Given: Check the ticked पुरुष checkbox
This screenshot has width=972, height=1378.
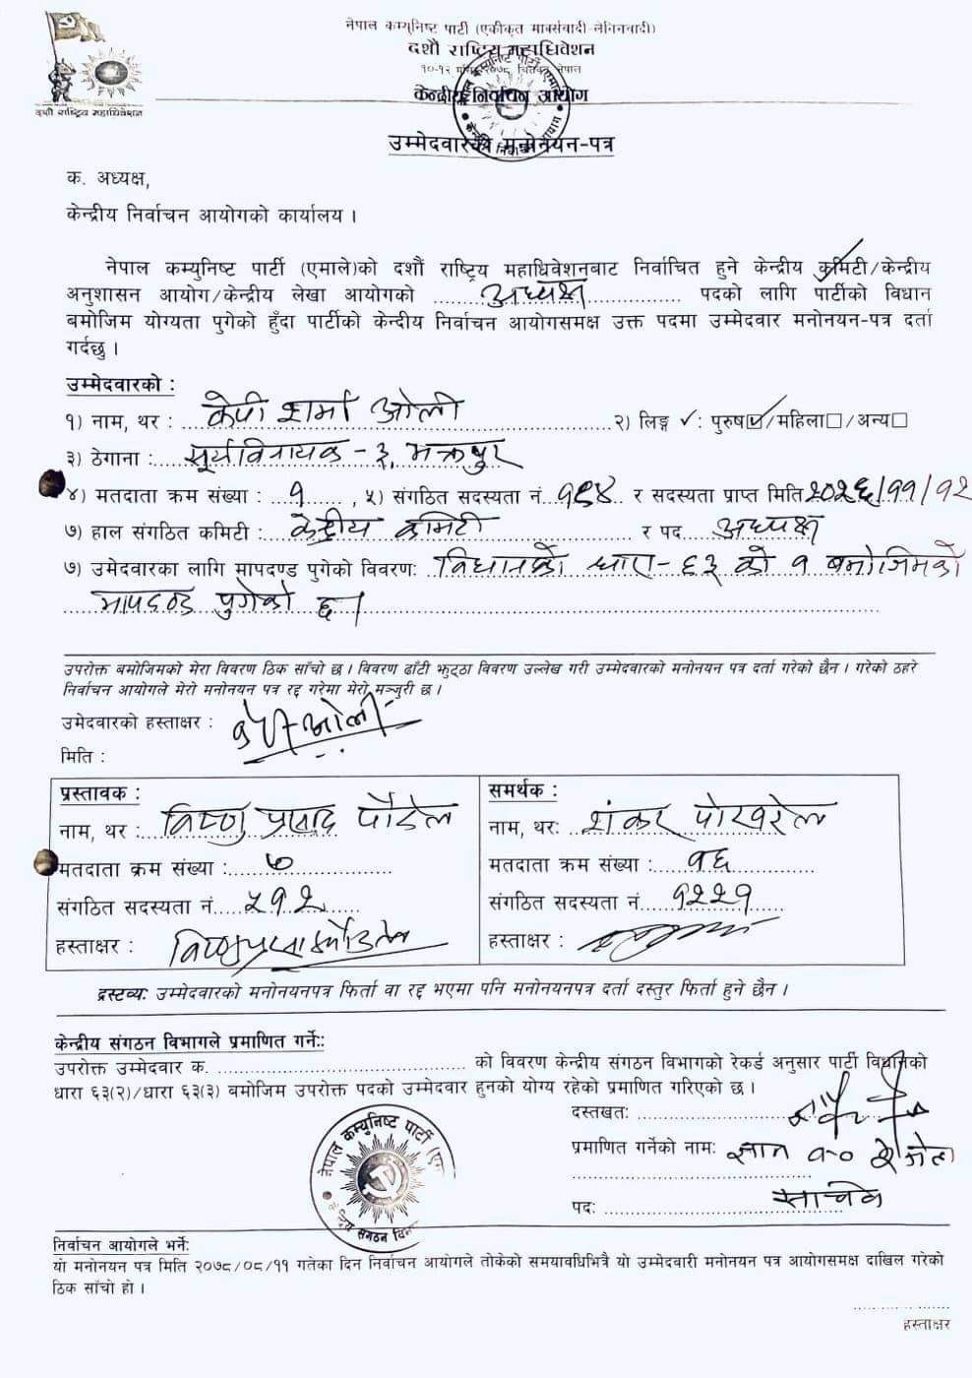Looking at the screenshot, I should (x=755, y=421).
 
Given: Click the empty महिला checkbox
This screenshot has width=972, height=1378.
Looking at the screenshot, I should (x=833, y=421).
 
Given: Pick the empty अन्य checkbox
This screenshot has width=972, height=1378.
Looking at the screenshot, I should (x=899, y=421).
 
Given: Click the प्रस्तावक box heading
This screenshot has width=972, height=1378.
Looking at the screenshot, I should (x=99, y=792).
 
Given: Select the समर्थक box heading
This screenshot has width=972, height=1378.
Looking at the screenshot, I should (x=521, y=790).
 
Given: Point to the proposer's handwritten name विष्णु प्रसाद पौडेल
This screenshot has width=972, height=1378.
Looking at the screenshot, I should (x=306, y=821).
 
